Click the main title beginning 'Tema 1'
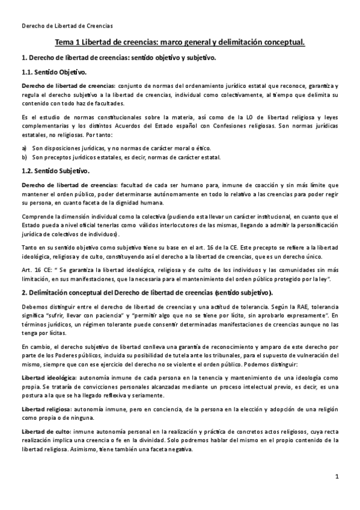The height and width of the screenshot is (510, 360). (180, 43)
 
